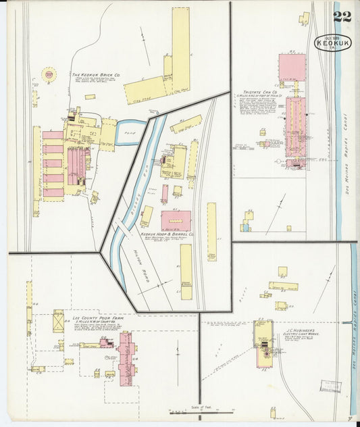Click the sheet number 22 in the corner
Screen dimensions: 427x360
342,16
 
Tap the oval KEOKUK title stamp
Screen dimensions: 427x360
332,43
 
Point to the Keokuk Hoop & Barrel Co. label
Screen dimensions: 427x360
166,234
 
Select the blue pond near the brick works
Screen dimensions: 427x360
128,132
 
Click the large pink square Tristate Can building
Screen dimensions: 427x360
291,67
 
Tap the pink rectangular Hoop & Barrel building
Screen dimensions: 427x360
175,220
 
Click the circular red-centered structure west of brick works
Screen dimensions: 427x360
48,74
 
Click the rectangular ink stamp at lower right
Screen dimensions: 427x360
330,386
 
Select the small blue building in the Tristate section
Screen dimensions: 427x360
245,227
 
